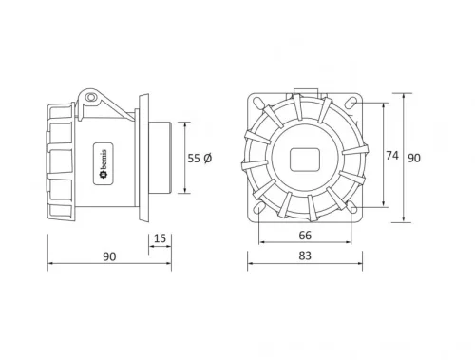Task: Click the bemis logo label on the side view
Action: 102,166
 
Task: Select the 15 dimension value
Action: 160,238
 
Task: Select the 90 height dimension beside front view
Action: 413,159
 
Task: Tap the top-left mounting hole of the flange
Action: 256,102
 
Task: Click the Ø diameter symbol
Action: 207,160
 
